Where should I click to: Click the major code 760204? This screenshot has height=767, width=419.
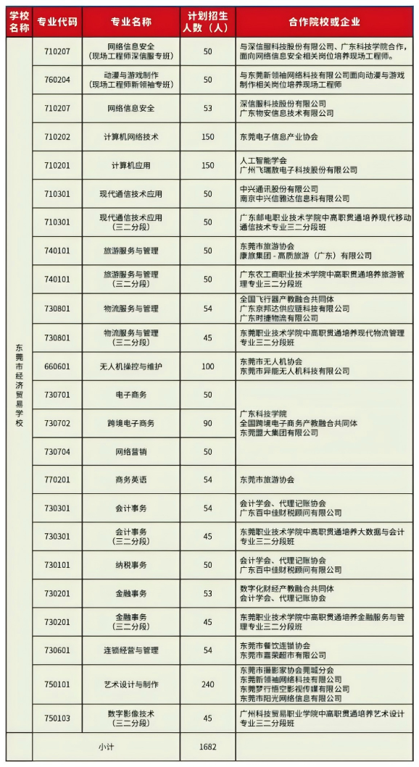pos(57,80)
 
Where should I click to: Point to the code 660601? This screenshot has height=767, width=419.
pos(57,366)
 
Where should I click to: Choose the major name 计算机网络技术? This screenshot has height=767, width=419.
pos(130,137)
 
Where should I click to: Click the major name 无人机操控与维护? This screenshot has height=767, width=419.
pos(130,366)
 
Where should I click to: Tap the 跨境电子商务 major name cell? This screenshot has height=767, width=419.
pos(130,423)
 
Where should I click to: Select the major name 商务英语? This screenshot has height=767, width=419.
pos(130,479)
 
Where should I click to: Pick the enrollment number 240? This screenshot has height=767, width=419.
pos(208,684)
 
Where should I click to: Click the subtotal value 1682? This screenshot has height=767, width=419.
pos(208,746)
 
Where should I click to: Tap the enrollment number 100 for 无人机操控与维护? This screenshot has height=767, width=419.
pos(208,366)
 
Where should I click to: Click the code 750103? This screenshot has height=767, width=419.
pos(57,717)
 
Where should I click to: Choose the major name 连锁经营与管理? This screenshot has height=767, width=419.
pos(130,650)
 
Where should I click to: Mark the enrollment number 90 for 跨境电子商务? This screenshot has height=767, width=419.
pos(208,423)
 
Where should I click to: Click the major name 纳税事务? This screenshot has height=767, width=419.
pos(130,565)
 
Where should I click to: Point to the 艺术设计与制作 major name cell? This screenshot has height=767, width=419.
pos(130,684)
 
